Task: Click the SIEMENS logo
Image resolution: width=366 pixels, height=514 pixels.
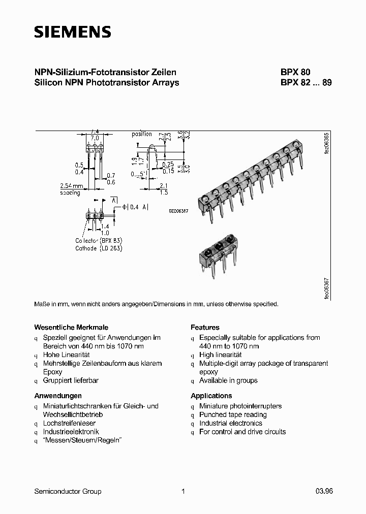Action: [x=72, y=33]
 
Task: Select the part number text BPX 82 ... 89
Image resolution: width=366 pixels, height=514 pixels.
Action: [x=306, y=82]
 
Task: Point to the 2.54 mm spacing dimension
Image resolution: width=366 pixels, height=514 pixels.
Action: [x=71, y=189]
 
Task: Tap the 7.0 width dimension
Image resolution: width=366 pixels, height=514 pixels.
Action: [x=95, y=138]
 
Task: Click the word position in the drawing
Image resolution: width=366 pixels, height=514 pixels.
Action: [x=142, y=134]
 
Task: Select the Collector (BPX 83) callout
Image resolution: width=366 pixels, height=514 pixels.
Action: [x=99, y=240]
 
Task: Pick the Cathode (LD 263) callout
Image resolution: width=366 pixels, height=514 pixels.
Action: [x=99, y=248]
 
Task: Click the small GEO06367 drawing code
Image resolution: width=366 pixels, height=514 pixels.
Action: [x=178, y=210]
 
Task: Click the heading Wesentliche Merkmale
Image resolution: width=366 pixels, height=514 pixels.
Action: [x=71, y=328]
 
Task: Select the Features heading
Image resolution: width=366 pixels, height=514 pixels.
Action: [x=205, y=328]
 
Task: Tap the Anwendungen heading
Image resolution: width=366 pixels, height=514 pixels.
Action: [x=58, y=396]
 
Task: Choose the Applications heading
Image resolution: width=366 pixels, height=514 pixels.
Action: [x=211, y=396]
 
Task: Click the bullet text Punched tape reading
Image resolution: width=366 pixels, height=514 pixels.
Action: [x=233, y=414]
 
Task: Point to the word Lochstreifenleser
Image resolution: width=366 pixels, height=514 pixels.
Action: [x=69, y=423]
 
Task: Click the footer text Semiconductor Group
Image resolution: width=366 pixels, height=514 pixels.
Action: [x=68, y=491]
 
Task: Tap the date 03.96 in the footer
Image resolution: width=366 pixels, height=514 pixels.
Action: [x=324, y=491]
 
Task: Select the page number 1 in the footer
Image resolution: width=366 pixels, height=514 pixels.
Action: [x=183, y=491]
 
